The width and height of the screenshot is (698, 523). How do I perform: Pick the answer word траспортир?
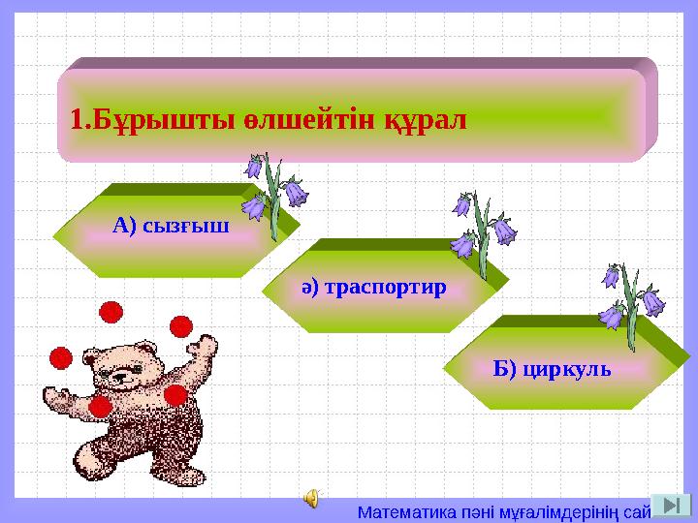pyautogui.click(x=384, y=288)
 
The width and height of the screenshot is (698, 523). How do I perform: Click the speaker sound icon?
pyautogui.click(x=311, y=498)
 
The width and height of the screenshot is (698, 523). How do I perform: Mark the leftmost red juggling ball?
pyautogui.click(x=61, y=358)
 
